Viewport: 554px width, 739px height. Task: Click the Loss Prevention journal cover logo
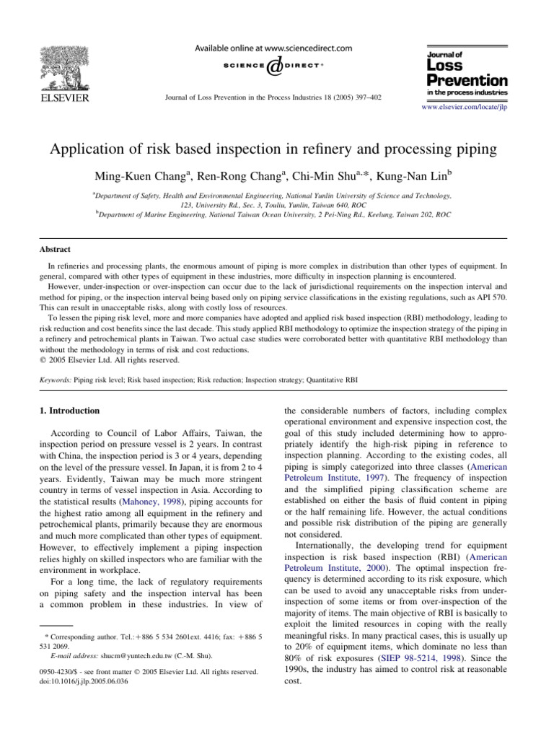pos(457,71)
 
